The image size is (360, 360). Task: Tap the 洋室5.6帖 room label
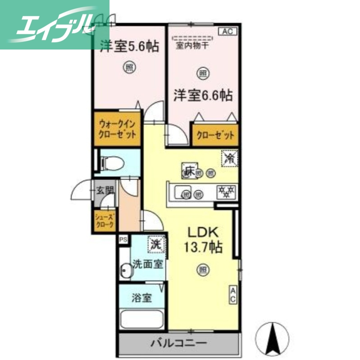[x=129, y=46]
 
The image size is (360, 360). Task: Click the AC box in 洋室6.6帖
[x=228, y=31]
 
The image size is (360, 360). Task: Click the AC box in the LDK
[x=233, y=295]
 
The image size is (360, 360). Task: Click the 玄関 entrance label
[x=104, y=190]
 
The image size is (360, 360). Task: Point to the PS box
[x=123, y=240]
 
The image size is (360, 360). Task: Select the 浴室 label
[x=141, y=298]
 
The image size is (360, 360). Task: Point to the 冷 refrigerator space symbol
[x=229, y=158]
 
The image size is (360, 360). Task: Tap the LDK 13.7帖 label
[x=203, y=240]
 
